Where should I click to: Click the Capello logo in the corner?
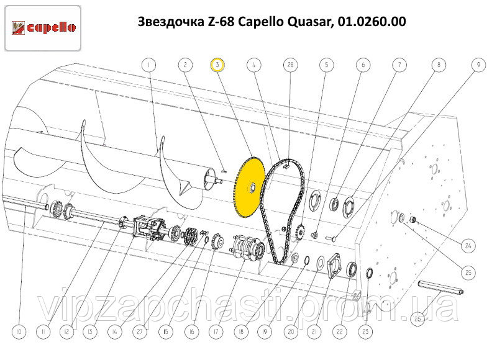tap(43, 28)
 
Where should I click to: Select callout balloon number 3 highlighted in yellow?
tap(217, 65)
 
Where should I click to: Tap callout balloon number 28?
tap(290, 65)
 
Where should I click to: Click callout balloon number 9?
tap(478, 65)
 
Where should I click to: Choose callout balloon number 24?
tap(468, 245)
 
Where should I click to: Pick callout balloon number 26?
tap(417, 318)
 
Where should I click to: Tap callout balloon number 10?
tap(19, 332)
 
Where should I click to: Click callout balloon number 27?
tap(139, 332)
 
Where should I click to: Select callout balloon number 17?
tap(216, 332)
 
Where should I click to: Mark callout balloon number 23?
tap(365, 331)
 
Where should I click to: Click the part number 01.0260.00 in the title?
tap(372, 22)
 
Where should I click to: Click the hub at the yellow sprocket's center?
tap(252, 188)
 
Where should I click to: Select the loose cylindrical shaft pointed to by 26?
tap(441, 287)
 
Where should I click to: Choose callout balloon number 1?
tap(148, 65)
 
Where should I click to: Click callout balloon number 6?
tap(363, 65)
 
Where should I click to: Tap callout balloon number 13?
tap(89, 332)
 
